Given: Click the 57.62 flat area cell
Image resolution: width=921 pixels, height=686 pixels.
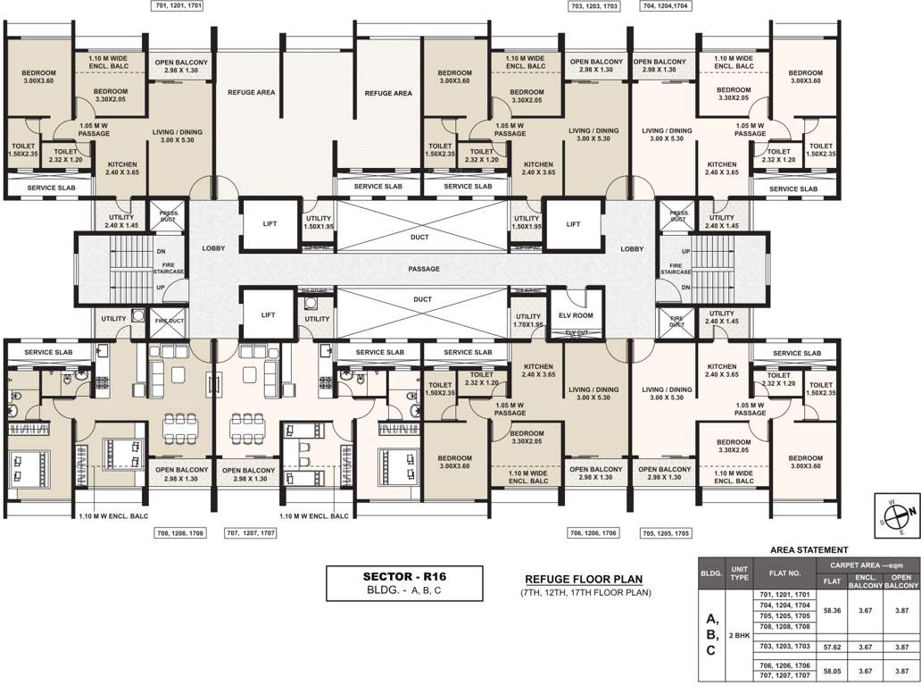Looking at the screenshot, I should point(832,646).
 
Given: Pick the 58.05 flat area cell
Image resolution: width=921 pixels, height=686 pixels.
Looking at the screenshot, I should point(832,668).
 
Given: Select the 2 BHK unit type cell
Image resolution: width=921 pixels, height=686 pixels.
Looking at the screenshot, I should point(739,635).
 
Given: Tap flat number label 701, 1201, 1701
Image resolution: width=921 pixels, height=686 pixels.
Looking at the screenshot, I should point(178,5).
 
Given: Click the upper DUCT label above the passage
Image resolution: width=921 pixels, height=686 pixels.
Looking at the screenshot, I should point(420,237).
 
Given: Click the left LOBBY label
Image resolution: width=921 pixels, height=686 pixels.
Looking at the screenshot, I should point(213,248).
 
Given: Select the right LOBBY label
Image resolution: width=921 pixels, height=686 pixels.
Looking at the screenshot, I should point(632,248).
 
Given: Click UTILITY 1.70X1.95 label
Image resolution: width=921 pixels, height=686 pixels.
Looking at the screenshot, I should point(527,320).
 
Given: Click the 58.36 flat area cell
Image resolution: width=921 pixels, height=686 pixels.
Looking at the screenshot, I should point(832,612).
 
